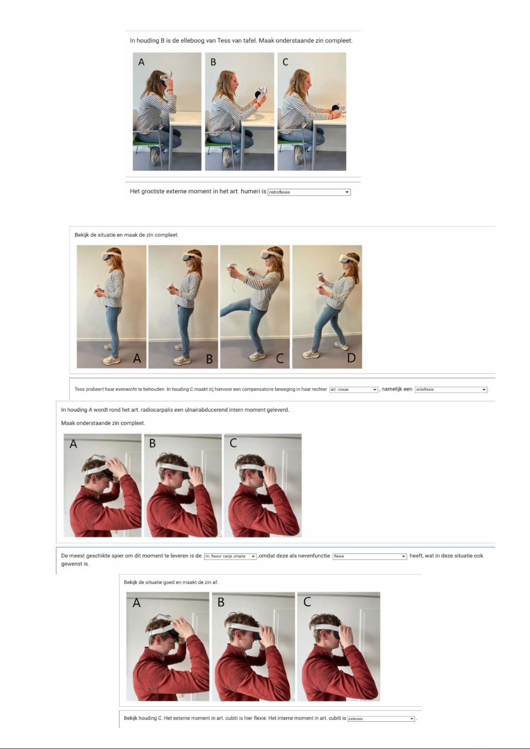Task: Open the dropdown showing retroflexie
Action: pyautogui.click(x=309, y=192)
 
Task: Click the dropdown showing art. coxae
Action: pyautogui.click(x=353, y=389)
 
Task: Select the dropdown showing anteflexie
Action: pyautogui.click(x=451, y=389)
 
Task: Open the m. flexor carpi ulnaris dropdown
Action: pyautogui.click(x=230, y=556)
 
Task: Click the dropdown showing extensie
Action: pyautogui.click(x=381, y=719)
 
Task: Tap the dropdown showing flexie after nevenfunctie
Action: pyautogui.click(x=369, y=556)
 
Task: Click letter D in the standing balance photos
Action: pyautogui.click(x=351, y=358)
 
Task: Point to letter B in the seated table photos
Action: pyautogui.click(x=213, y=62)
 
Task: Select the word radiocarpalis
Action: pyautogui.click(x=157, y=410)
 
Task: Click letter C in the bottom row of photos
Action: pyautogui.click(x=307, y=602)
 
